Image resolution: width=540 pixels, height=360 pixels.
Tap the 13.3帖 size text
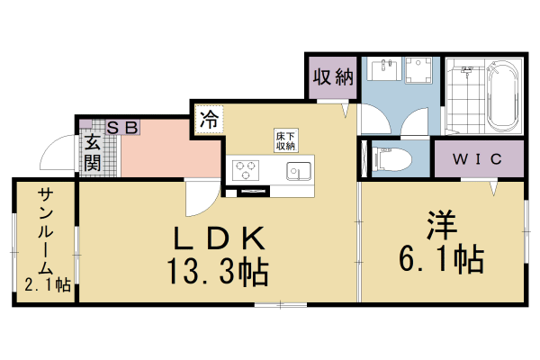[x=216, y=270]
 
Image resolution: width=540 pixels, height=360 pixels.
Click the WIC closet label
[x=477, y=160]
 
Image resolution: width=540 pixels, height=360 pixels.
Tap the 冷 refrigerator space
[x=209, y=119]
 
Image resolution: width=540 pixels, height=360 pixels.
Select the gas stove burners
[x=246, y=169]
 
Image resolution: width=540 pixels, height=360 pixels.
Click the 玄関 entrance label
[x=93, y=153]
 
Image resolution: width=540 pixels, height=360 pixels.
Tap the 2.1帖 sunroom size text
[x=48, y=285]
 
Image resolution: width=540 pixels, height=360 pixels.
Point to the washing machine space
[x=418, y=73]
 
